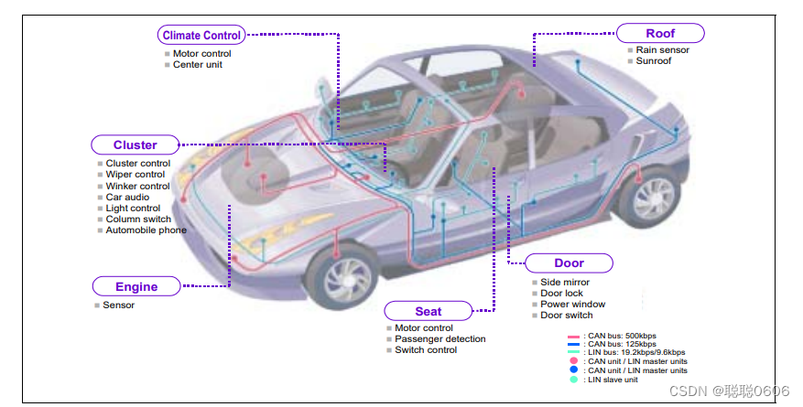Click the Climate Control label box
pyautogui.click(x=201, y=36)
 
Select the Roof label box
pyautogui.click(x=660, y=34)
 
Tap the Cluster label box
pyautogui.click(x=135, y=145)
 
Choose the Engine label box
pyautogui.click(x=136, y=286)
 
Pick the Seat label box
pyautogui.click(x=428, y=311)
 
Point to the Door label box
pyautogui.click(x=569, y=263)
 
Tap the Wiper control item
pyautogui.click(x=135, y=175)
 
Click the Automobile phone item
pyautogui.click(x=146, y=230)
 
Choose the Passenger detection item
pyautogui.click(x=439, y=339)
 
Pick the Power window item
pyautogui.click(x=572, y=305)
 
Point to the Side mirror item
pyautogui.click(x=565, y=283)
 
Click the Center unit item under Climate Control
pyautogui.click(x=197, y=65)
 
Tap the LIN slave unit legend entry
pyautogui.click(x=612, y=380)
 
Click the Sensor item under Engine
pyautogui.click(x=118, y=305)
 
